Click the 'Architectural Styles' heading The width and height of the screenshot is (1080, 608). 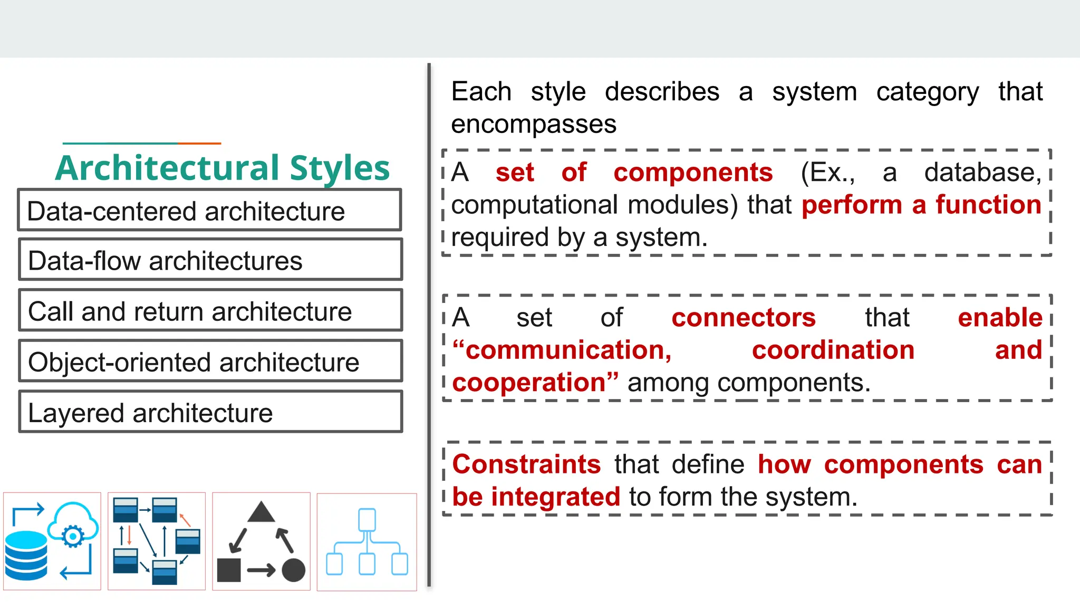coord(222,168)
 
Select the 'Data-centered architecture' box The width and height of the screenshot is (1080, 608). coord(210,210)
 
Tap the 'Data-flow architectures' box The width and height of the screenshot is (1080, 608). coord(210,260)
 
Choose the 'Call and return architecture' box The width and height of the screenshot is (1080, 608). coord(210,310)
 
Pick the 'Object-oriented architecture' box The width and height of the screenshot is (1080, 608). coord(210,361)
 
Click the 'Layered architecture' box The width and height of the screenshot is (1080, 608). coord(210,412)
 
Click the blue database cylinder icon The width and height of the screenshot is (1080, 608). coord(26,555)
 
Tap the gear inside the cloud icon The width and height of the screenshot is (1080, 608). coord(73,536)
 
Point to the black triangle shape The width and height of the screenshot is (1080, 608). coord(261,512)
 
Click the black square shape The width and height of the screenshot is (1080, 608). coord(229,570)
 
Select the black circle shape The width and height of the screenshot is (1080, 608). coord(294,570)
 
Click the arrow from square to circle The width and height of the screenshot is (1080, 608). coord(261,570)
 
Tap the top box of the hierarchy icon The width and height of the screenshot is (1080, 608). coord(367,520)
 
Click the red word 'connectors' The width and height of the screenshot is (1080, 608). coord(744,318)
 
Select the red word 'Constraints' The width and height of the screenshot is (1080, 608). coord(526,464)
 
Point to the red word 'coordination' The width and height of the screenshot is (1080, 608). coord(833,350)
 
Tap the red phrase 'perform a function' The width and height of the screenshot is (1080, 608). coord(921,205)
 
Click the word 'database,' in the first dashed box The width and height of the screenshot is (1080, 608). coord(983,173)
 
